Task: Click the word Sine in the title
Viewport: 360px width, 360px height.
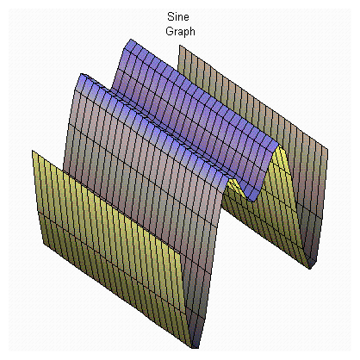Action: pos(178,16)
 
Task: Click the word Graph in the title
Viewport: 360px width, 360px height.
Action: pos(180,31)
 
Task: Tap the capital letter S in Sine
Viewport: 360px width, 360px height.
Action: pos(171,16)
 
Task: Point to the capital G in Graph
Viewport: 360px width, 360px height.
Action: pos(170,31)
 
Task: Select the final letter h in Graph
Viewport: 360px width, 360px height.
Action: pos(193,31)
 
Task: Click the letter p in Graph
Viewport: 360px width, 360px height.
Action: pos(187,33)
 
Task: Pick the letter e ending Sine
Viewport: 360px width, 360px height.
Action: pos(186,18)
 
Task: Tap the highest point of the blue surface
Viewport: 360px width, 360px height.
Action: pos(131,40)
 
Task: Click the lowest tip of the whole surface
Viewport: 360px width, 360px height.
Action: pos(195,348)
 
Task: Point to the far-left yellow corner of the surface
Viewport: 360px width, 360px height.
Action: pos(32,151)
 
